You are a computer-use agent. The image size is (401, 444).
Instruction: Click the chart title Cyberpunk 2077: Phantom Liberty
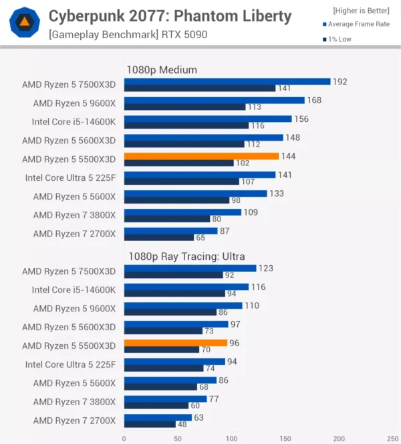(x=170, y=15)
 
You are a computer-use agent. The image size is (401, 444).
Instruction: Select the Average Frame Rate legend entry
(x=358, y=24)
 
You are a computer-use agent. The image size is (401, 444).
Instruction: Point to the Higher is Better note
(x=361, y=10)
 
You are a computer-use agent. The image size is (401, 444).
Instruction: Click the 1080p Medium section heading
(x=162, y=69)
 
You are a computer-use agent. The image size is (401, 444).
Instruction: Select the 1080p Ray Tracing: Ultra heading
(x=185, y=256)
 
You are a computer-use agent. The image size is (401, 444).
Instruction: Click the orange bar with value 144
(x=200, y=156)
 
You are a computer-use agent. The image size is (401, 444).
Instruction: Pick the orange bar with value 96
(x=175, y=343)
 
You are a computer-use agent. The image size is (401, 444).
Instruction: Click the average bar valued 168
(x=214, y=100)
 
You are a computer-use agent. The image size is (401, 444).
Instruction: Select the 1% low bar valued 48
(x=149, y=425)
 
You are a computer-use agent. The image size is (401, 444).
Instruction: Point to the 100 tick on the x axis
(x=231, y=439)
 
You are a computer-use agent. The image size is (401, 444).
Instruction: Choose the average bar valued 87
(x=170, y=230)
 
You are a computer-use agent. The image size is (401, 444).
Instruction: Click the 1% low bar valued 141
(x=199, y=88)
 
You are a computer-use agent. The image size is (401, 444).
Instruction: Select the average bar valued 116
(x=186, y=287)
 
